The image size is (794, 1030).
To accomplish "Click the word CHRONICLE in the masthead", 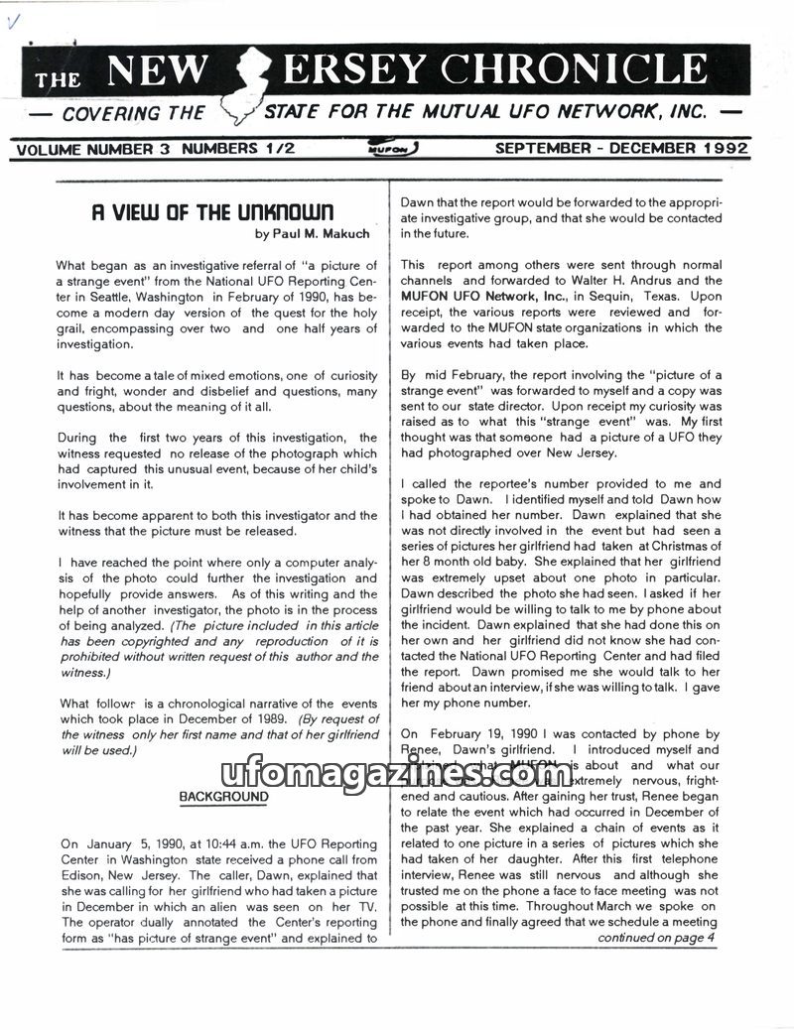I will pos(575,68).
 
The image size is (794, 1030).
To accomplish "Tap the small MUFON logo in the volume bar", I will pos(396,149).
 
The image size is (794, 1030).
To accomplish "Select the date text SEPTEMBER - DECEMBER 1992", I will pos(621,149).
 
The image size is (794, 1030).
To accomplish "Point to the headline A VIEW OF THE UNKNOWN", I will pos(212,213).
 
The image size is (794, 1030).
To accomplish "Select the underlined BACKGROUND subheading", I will pos(223,797).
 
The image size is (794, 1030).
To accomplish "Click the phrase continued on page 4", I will pos(656,938).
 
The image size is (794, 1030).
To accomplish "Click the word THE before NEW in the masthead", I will pos(59,79).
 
